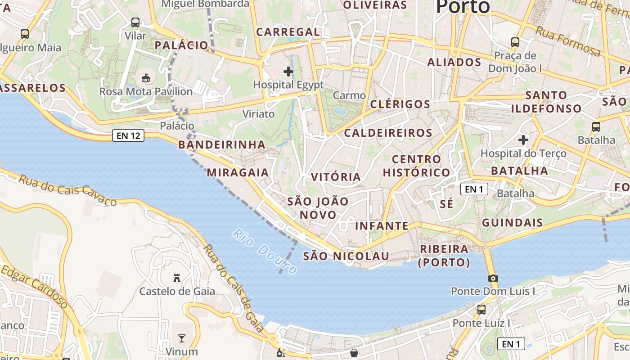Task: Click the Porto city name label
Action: tap(463, 6)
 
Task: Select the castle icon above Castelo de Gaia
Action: tap(177, 278)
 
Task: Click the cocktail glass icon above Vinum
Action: tap(182, 338)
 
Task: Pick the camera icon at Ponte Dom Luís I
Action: tap(493, 278)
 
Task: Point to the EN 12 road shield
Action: tap(128, 135)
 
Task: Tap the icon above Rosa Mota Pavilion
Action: tap(146, 78)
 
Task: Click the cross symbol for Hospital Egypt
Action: tap(288, 72)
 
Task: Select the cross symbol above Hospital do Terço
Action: tap(523, 140)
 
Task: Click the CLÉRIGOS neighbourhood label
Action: tap(400, 104)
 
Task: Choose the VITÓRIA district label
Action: tap(336, 177)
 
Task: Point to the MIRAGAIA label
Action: tap(238, 172)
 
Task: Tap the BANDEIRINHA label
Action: tap(222, 144)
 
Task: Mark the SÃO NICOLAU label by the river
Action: tap(346, 256)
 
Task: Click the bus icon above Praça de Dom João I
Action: tap(515, 42)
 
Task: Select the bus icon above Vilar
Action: tap(135, 22)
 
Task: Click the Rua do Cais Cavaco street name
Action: tap(67, 190)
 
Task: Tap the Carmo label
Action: tap(349, 95)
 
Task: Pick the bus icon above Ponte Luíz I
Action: tap(481, 310)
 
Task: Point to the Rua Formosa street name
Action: tap(568, 41)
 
